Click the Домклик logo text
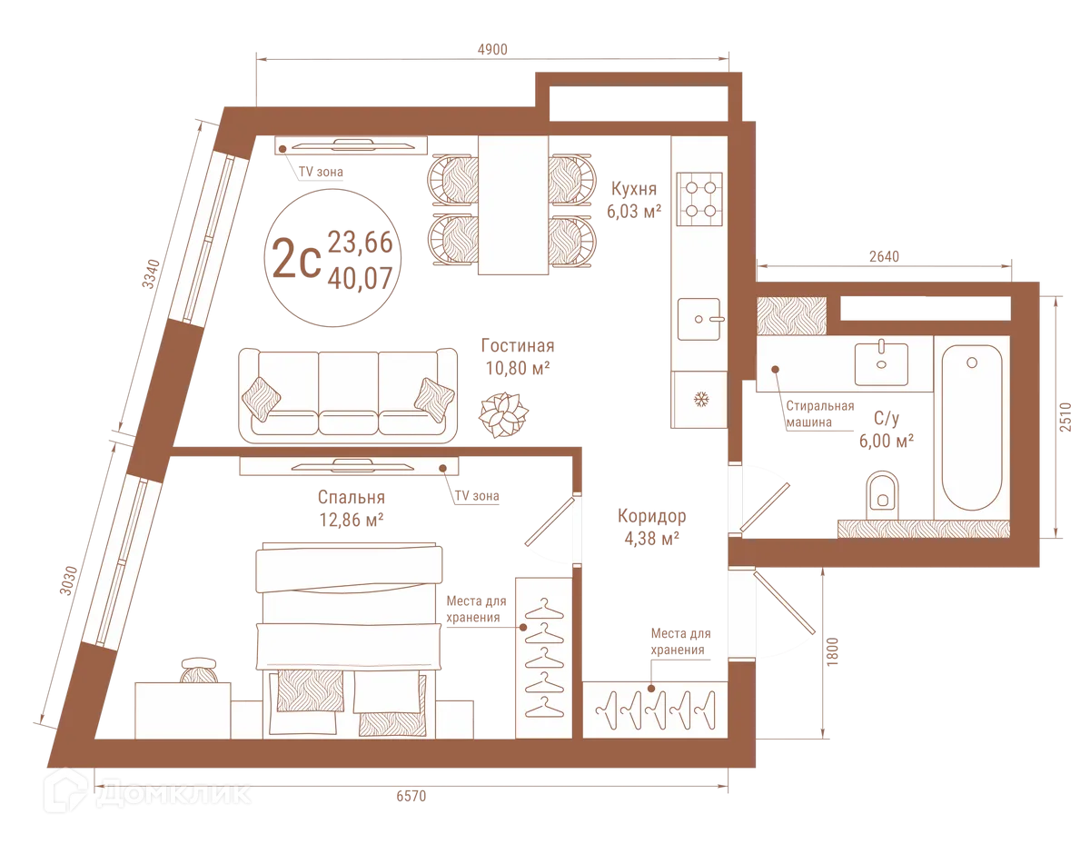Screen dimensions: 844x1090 pyautogui.click(x=173, y=792)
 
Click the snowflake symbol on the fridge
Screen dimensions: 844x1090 pyautogui.click(x=700, y=400)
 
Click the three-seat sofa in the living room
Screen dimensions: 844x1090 pyautogui.click(x=348, y=392)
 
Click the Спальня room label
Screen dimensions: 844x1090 pyautogui.click(x=351, y=499)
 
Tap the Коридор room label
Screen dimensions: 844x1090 pyautogui.click(x=651, y=517)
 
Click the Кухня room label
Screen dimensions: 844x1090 pyautogui.click(x=634, y=189)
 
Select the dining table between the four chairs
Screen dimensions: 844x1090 pyautogui.click(x=512, y=204)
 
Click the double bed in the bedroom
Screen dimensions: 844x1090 pyautogui.click(x=350, y=627)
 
